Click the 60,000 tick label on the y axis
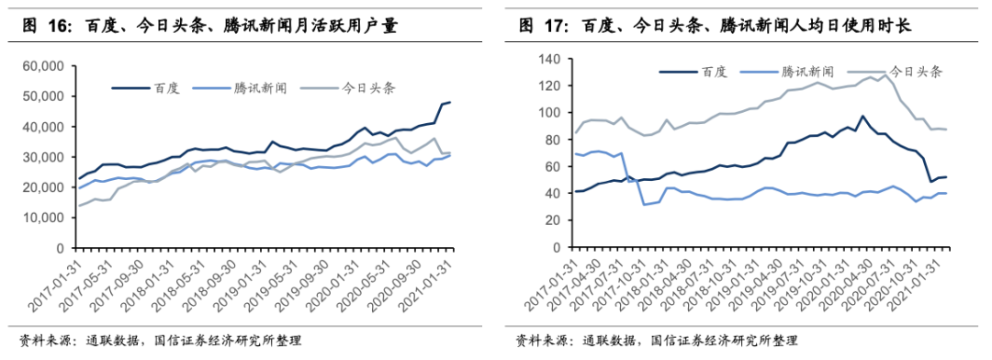pyautogui.click(x=46, y=66)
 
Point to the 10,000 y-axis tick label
pyautogui.click(x=46, y=218)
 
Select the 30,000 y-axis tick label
pyautogui.click(x=46, y=157)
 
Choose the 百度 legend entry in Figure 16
pyautogui.click(x=146, y=88)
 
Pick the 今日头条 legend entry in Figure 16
pyautogui.click(x=347, y=88)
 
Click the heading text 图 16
pyautogui.click(x=48, y=26)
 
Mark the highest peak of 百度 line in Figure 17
pyautogui.click(x=862, y=117)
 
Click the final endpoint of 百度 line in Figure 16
pyautogui.click(x=450, y=102)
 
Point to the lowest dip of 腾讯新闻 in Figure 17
pyautogui.click(x=643, y=204)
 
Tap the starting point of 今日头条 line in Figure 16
pyautogui.click(x=79, y=206)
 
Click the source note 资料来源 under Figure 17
pyautogui.click(x=538, y=341)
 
